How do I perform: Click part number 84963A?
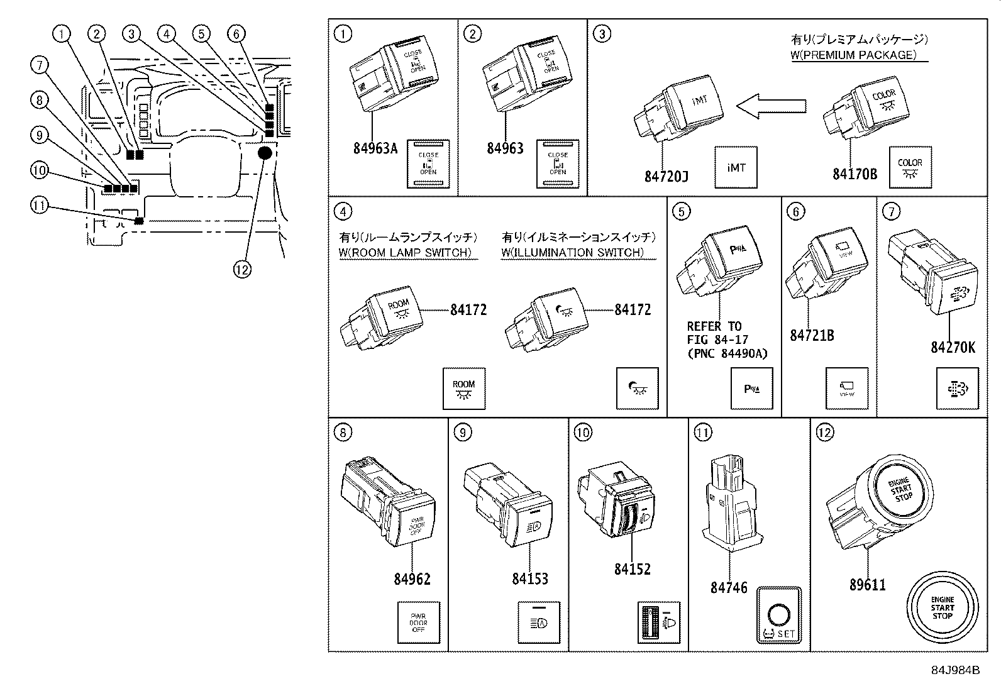(375, 148)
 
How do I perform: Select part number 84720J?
(666, 177)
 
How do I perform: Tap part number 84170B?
(854, 174)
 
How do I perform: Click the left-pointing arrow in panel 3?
(771, 106)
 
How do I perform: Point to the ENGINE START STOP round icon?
(942, 608)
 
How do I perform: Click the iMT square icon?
(736, 167)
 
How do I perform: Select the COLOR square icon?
(910, 167)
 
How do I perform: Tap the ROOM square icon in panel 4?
(464, 389)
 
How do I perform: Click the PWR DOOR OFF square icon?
(418, 622)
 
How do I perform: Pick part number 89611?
(867, 585)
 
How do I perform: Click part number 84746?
(728, 588)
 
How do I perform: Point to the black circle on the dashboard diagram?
(265, 153)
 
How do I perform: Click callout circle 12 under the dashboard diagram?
(242, 269)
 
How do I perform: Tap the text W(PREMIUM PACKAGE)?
(858, 55)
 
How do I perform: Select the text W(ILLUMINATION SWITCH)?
(578, 252)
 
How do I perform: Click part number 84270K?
(953, 346)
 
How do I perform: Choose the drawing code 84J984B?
(955, 670)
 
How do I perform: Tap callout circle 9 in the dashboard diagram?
(39, 135)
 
